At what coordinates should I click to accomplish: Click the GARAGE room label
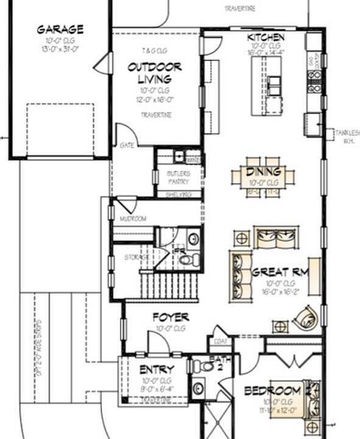tap(60, 29)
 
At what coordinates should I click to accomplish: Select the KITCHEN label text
tap(266, 38)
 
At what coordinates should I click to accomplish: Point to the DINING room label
tap(263, 172)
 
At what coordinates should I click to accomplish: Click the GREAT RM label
tap(280, 273)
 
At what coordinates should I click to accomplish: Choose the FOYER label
tap(170, 317)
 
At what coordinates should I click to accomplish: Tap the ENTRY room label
tap(157, 369)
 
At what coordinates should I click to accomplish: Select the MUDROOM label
tap(132, 218)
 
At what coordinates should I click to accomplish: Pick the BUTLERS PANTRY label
tap(178, 177)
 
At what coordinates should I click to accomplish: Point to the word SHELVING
tap(178, 195)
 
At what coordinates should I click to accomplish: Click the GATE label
tap(127, 146)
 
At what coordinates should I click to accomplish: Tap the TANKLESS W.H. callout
tap(348, 136)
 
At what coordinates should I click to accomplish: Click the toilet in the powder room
tap(190, 260)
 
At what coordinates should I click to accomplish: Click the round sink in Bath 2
tap(198, 388)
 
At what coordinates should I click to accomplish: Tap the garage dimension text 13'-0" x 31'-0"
tap(60, 49)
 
